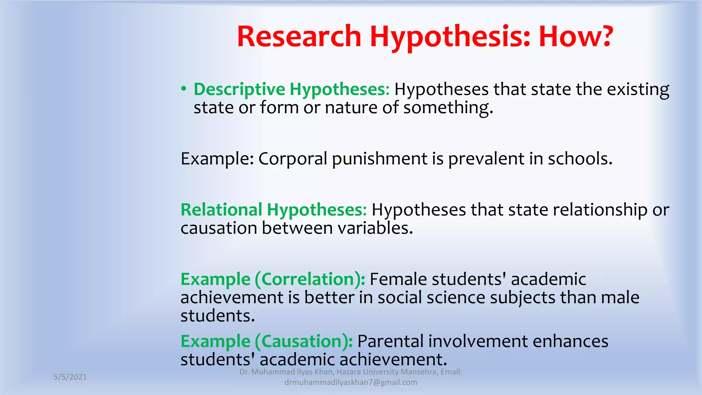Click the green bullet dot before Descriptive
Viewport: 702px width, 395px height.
tap(184, 89)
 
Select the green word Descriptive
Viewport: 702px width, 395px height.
tap(239, 90)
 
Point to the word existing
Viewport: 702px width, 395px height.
tap(638, 90)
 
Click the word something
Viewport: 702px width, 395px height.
tap(448, 108)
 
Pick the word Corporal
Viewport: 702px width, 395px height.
tap(293, 159)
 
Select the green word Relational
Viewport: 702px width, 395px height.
tap(221, 210)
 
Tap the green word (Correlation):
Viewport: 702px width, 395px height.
tap(310, 279)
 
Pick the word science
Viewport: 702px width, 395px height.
tap(456, 298)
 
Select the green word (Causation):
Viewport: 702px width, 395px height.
tap(304, 342)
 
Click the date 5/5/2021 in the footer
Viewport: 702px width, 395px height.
tap(70, 377)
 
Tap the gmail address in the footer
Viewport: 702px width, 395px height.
tap(351, 383)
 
